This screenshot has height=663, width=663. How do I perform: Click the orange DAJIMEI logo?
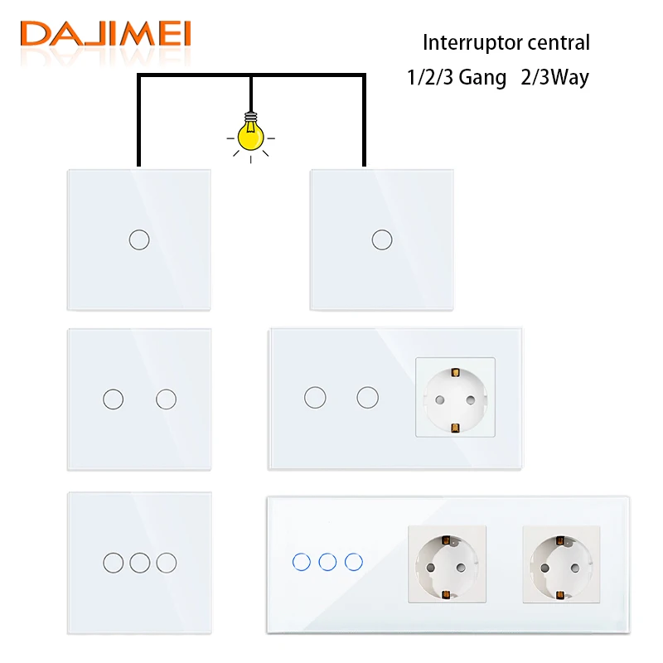pos(105,33)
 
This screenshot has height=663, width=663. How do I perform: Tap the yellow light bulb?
pos(251,133)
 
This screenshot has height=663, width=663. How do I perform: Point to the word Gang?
pos(482,78)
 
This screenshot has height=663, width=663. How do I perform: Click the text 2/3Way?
pos(554,77)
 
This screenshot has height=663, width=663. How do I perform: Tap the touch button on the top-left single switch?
pos(139,240)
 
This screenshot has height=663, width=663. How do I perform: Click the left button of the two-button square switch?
pos(114,399)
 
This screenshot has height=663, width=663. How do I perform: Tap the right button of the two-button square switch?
pos(167,399)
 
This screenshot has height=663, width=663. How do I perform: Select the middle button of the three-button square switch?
pos(140,563)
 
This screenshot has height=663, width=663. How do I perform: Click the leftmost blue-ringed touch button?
pos(302,562)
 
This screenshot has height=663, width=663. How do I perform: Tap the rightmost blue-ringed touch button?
pos(354,562)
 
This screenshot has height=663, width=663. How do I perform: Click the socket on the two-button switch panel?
pos(455,397)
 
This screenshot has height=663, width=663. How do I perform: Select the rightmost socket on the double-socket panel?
pos(561,564)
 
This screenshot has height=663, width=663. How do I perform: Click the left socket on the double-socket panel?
pos(447,564)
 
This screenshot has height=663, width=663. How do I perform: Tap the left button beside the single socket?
pos(315,398)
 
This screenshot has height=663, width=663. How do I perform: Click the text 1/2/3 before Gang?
pos(430,77)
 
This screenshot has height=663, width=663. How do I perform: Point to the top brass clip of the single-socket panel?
pos(455,372)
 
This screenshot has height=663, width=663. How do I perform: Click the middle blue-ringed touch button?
pos(327,562)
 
